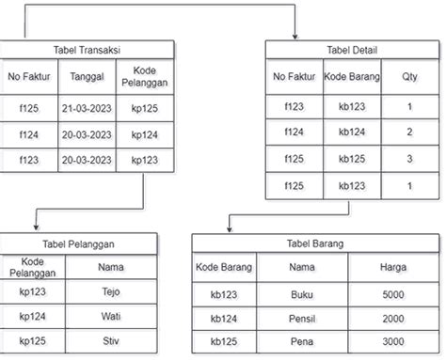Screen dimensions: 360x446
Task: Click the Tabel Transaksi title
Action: click(88, 50)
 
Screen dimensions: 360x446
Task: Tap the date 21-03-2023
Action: click(87, 109)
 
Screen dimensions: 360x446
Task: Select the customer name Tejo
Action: click(111, 291)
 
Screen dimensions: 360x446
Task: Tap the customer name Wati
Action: click(111, 316)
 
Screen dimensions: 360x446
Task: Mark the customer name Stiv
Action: click(111, 339)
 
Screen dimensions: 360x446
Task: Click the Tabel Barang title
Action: click(315, 243)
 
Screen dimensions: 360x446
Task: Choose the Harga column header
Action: click(393, 268)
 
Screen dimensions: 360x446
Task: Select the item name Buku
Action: click(301, 294)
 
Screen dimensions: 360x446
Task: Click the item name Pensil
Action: click(301, 318)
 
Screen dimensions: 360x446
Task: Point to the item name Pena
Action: click(301, 340)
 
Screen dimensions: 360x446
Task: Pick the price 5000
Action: click(393, 294)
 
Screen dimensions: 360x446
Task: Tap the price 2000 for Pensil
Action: click(393, 318)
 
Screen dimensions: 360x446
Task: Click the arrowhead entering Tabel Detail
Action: click(295, 37)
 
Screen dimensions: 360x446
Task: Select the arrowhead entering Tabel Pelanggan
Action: click(34, 229)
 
